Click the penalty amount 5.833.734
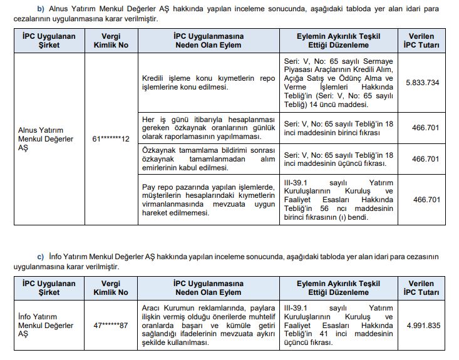pyautogui.click(x=422, y=82)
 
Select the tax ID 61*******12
pyautogui.click(x=107, y=138)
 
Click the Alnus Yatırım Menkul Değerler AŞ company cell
pyautogui.click(x=46, y=138)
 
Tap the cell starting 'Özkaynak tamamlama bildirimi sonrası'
pyautogui.click(x=207, y=159)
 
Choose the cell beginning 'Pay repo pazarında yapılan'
pyautogui.click(x=207, y=200)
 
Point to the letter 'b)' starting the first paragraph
pyautogui.click(x=41, y=9)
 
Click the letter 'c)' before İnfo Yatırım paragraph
pyautogui.click(x=41, y=257)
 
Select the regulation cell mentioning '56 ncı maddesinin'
pyautogui.click(x=338, y=200)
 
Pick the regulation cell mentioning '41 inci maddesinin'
pyautogui.click(x=338, y=325)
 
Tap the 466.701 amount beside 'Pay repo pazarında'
pyautogui.click(x=426, y=200)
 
